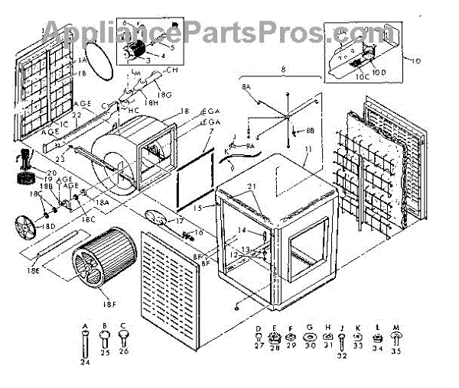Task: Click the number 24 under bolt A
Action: click(84, 362)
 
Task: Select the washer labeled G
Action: click(310, 334)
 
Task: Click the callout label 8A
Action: click(246, 89)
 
